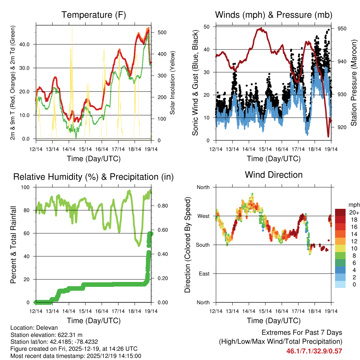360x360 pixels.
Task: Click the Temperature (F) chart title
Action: click(94, 15)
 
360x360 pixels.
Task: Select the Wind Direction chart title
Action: click(274, 175)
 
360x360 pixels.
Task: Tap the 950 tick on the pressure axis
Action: click(342, 29)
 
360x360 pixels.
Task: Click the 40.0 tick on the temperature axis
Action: click(27, 44)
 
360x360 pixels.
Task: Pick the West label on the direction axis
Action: click(203, 216)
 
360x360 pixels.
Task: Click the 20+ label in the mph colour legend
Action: click(353, 212)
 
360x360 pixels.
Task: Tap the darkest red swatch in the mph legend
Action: click(340, 212)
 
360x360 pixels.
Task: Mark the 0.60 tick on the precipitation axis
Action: click(160, 230)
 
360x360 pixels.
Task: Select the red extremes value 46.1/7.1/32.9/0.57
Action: click(314, 351)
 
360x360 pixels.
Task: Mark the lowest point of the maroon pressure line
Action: click(328, 136)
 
